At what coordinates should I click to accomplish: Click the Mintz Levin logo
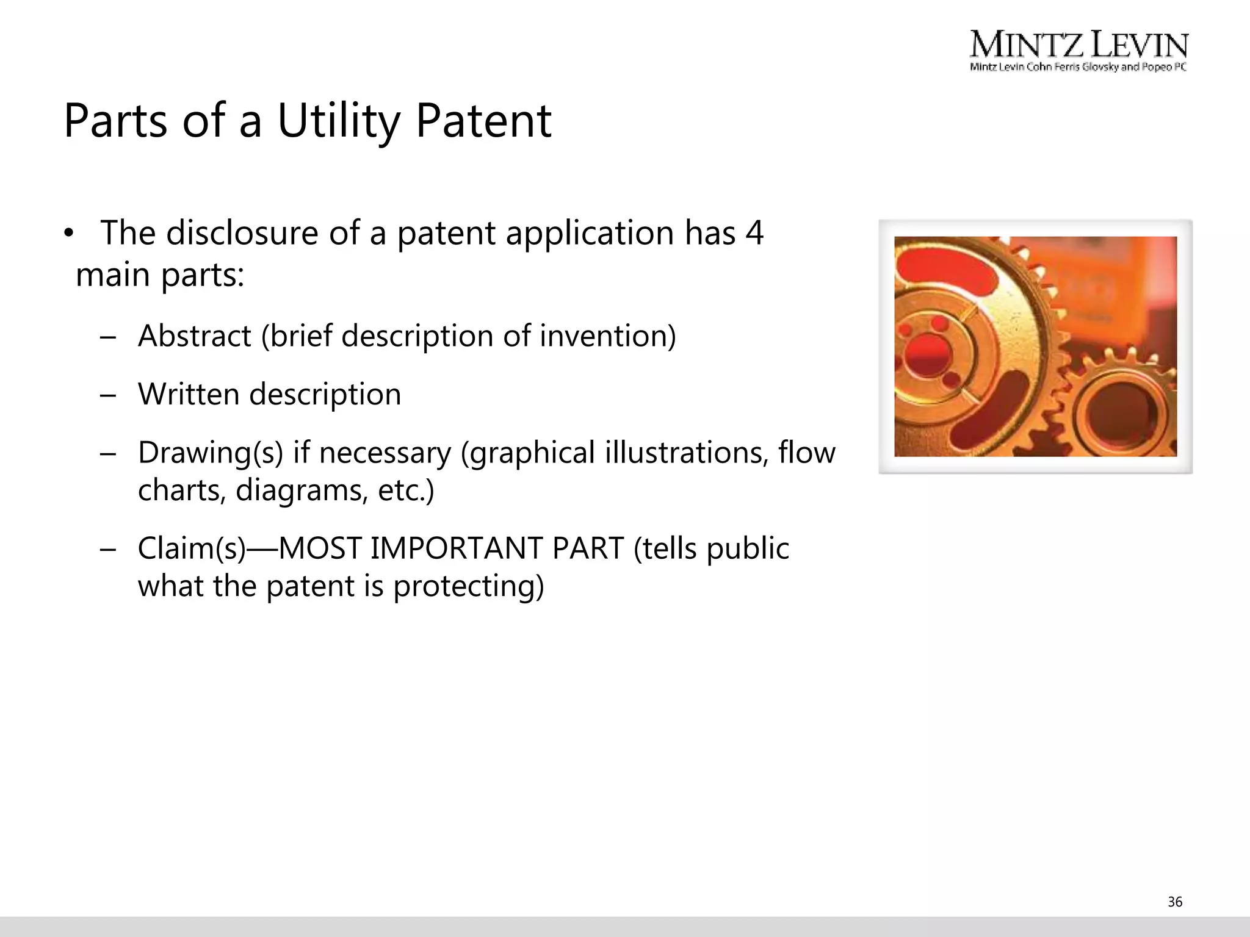pos(1078,45)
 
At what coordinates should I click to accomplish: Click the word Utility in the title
pos(339,121)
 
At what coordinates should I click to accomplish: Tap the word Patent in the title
pos(483,121)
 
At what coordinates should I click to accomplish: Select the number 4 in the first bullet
pos(754,233)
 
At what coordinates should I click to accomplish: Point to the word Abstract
pos(194,336)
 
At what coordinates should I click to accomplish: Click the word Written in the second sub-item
pos(188,394)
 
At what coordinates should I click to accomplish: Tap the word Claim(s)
pos(190,548)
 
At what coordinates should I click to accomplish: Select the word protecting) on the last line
pos(468,586)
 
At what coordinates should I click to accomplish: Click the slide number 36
pos(1175,902)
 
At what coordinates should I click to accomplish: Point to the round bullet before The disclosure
pos(69,234)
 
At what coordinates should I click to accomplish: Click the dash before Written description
pos(108,395)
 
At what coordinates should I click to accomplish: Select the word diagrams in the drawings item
pos(302,490)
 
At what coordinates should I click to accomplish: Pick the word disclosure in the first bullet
pos(242,233)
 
